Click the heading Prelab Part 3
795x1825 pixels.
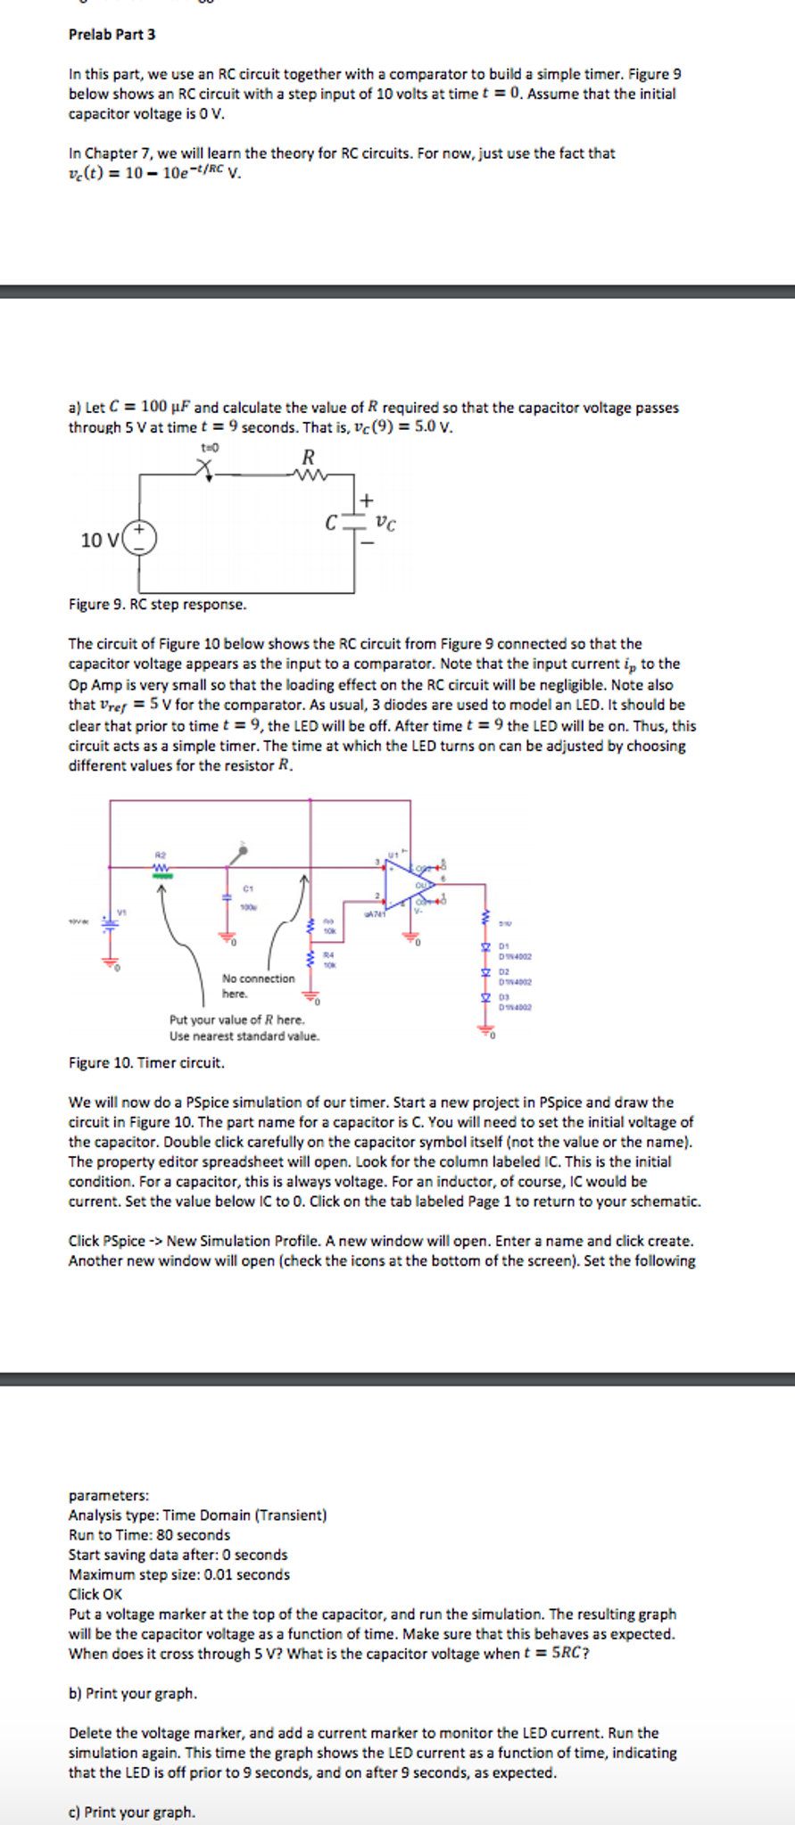point(112,34)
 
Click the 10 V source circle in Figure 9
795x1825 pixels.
point(139,538)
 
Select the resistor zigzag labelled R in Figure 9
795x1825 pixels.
point(309,475)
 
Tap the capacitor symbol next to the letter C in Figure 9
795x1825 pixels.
point(354,523)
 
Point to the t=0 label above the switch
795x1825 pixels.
point(211,446)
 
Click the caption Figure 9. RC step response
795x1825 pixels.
point(157,604)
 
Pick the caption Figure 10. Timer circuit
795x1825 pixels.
point(146,1062)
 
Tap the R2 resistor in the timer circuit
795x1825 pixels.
point(161,867)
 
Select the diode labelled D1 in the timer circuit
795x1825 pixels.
point(487,946)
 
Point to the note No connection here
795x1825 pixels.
point(258,986)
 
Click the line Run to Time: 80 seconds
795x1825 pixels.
point(149,1534)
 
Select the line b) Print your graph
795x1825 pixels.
point(133,1693)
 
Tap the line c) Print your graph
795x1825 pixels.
point(132,1812)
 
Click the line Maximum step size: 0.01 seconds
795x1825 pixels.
point(178,1574)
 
